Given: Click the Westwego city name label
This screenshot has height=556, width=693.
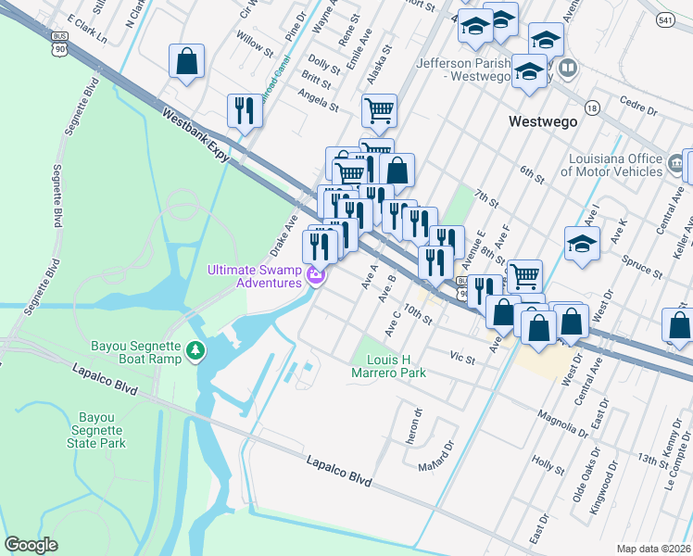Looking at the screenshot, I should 543,121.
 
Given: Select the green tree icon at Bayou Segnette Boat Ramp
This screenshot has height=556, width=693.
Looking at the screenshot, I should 195,348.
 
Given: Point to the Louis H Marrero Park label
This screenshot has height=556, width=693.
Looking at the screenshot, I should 389,366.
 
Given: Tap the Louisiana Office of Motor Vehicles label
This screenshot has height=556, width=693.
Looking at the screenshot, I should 611,164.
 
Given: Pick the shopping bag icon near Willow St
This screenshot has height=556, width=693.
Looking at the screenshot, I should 186,62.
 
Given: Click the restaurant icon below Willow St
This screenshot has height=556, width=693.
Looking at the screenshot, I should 245,110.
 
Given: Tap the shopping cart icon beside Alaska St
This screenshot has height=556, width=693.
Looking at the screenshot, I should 379,110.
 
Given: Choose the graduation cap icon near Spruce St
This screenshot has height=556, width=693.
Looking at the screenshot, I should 582,246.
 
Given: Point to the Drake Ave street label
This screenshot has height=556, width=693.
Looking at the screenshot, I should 283,235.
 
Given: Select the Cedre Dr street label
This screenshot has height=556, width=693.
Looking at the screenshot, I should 638,109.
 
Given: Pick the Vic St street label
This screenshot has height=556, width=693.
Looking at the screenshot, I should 461,355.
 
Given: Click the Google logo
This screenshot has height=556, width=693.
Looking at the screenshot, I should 31,544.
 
